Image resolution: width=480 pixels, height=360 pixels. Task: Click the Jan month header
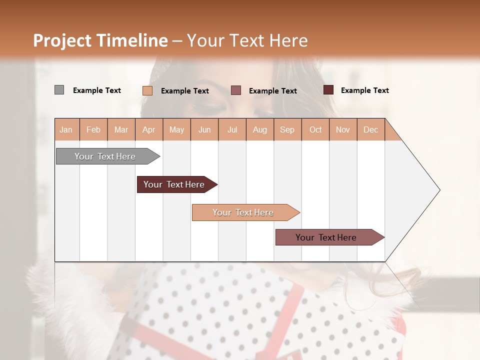(66, 129)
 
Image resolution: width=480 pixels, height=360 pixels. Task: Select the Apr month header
(149, 129)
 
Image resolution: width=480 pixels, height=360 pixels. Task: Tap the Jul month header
(232, 129)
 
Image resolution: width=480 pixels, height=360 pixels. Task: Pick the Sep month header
(287, 129)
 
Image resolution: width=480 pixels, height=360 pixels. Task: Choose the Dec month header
(370, 129)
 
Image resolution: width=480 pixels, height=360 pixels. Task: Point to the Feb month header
(93, 129)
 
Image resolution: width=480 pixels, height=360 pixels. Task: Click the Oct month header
(315, 129)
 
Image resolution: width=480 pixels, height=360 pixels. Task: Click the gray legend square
(59, 90)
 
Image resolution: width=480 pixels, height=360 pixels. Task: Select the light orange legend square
(147, 90)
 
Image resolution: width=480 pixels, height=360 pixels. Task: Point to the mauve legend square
(236, 90)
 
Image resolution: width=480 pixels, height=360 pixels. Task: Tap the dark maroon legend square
(328, 90)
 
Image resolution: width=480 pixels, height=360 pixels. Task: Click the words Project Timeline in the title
(100, 40)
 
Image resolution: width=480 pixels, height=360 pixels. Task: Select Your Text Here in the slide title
(247, 40)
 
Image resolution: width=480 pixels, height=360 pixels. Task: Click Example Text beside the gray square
(97, 90)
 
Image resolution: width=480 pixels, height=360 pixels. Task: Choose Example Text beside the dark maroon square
(365, 90)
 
